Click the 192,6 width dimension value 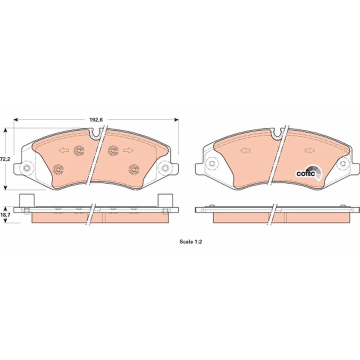tap(96, 119)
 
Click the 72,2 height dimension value tap(5, 159)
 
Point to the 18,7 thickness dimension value tap(5, 215)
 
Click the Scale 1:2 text tap(190, 242)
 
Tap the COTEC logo tap(309, 173)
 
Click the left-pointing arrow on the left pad tap(64, 150)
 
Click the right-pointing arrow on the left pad tap(128, 150)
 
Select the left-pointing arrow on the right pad tap(245, 150)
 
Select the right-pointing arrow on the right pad tap(309, 150)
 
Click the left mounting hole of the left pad tap(27, 168)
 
